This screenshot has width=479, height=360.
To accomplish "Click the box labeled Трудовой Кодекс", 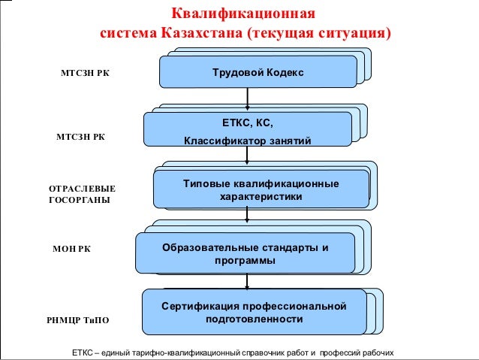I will (258, 72).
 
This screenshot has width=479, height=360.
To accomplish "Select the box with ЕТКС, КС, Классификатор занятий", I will (247, 129).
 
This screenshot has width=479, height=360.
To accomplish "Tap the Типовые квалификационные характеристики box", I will (261, 189).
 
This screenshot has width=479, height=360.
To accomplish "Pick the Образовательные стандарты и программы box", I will (245, 254).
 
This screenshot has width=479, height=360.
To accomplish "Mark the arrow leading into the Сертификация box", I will (247, 281).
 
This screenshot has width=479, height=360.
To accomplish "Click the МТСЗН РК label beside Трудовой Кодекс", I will (84, 74).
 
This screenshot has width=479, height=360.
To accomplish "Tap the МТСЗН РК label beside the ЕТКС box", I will (81, 138).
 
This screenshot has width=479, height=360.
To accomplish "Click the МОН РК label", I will (72, 248).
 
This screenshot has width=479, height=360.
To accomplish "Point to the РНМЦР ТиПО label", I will (78, 320).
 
